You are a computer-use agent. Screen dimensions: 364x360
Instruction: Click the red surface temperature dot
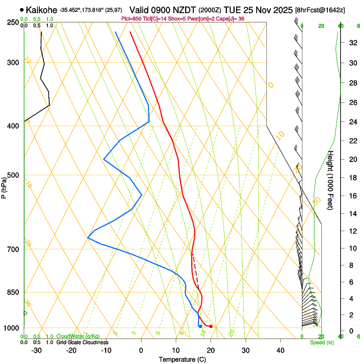211,326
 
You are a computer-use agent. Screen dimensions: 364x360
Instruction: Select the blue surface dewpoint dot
200,326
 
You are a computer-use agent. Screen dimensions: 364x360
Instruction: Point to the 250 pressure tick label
13,22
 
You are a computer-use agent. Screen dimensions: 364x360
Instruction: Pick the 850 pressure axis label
13,292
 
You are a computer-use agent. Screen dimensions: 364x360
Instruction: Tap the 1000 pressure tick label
11,328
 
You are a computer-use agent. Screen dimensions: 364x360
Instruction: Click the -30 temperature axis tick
36,350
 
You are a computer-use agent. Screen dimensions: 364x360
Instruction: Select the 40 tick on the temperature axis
280,350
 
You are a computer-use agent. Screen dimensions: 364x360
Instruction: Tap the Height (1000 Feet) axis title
331,180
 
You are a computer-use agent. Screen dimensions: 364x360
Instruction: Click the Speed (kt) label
322,342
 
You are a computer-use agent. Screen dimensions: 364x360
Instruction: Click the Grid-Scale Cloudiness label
82,342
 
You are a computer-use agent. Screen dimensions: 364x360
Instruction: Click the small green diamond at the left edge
25,313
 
